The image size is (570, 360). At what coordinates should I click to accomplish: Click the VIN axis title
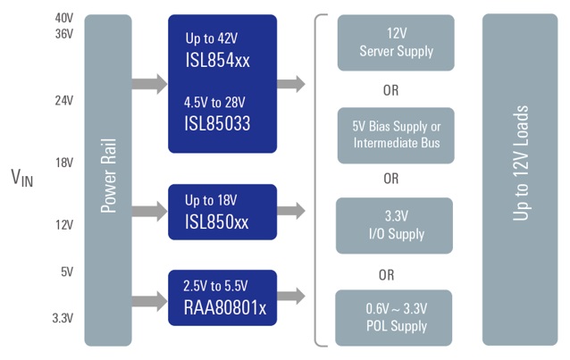(x=21, y=179)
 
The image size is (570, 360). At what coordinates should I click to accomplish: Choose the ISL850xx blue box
(x=222, y=212)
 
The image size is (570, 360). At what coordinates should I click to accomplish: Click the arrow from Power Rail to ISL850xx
(x=148, y=212)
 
